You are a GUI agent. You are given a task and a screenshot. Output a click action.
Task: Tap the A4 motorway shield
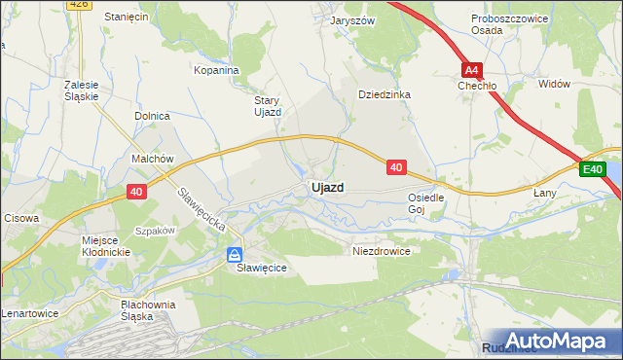pos(472,70)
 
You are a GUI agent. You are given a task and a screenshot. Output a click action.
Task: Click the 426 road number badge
pos(80,4)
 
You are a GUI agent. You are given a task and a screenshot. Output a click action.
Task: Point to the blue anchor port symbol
pos(235,254)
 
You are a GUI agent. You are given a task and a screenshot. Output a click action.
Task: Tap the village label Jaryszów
pos(352,19)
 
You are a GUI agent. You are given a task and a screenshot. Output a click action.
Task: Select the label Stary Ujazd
pos(268,106)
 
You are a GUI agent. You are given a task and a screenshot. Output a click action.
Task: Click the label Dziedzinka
pos(385,94)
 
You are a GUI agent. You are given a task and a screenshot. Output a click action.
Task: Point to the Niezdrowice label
pos(381,250)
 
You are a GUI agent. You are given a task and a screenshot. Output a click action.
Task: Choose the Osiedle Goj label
pos(425,202)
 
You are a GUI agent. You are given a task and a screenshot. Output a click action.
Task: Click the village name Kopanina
pos(216,70)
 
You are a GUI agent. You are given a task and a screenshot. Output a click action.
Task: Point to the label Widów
pos(554,84)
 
